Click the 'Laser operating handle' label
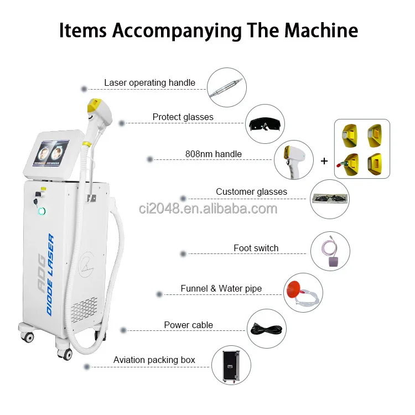pos(149,83)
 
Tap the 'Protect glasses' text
pos(183,117)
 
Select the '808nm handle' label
pos(213,154)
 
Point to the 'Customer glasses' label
pos(251,192)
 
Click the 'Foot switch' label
pos(256,248)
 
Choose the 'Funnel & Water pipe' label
pos(221,288)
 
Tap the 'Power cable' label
pos(188,325)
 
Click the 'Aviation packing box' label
pos(154,360)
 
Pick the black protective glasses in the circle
pos(265,123)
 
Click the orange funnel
pos(294,289)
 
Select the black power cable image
pos(266,329)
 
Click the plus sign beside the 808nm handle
pos(324,162)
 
